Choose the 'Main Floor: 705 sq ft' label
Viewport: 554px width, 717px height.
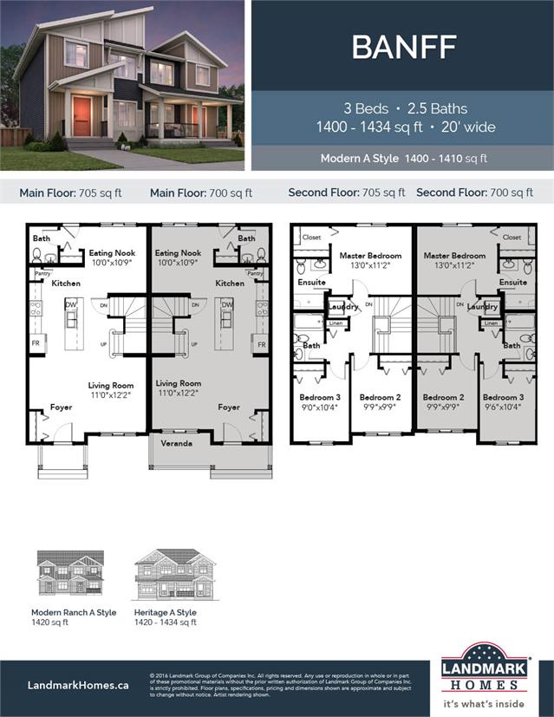pos(71,192)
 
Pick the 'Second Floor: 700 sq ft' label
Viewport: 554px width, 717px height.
pos(468,192)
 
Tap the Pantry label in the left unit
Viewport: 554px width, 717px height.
pos(42,273)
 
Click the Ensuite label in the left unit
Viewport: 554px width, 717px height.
pos(311,282)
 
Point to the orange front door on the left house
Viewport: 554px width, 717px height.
pos(81,115)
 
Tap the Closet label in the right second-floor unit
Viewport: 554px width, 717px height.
pos(512,237)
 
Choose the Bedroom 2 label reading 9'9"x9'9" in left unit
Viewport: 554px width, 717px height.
pos(378,402)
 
